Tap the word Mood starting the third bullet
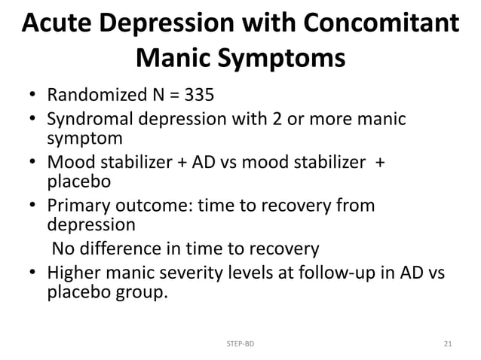(69, 162)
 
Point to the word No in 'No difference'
(62, 248)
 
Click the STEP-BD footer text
(240, 344)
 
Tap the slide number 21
(448, 344)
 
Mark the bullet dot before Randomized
(33, 97)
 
